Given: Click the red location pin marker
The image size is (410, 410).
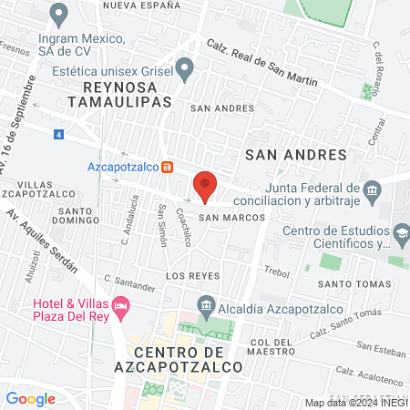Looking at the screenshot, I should click(205, 186).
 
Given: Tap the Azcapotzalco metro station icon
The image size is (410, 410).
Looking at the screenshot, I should click(168, 167).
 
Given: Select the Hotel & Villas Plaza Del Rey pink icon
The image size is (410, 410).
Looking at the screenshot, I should click(122, 303).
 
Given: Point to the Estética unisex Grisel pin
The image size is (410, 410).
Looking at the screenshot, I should click(185, 68).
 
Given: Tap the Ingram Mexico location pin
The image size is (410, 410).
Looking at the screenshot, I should click(60, 15).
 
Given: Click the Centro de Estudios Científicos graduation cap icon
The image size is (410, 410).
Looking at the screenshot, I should click(401, 235).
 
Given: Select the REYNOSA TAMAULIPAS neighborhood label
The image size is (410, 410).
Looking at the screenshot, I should click(127, 94).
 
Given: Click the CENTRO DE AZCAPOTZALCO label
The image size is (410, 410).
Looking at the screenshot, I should click(188, 359).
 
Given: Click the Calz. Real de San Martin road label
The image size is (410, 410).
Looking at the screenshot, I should click(261, 62).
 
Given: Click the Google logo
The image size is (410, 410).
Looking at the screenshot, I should click(30, 398).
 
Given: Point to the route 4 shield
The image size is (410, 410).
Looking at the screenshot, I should click(59, 135).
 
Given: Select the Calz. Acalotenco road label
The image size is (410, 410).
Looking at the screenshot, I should click(369, 371).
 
